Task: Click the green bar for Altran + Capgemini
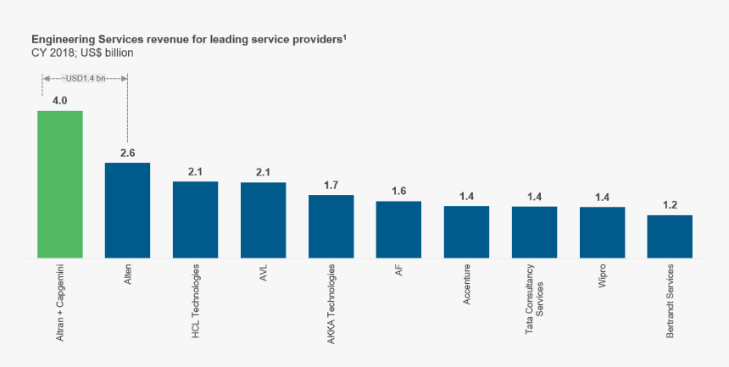pos(59,184)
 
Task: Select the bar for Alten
pos(127,210)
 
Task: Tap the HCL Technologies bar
pos(195,220)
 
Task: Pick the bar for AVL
pos(263,220)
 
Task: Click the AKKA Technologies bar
pos(331,226)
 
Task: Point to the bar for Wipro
pos(602,232)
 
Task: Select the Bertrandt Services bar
pos(670,236)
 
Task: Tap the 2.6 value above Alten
pos(127,153)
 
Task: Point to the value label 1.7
pos(331,185)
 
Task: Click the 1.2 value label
pos(670,205)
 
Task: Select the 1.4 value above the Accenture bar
pos(466,197)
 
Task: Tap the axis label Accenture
pos(467,286)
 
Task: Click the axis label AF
pos(399,270)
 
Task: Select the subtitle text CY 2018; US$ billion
pos(82,53)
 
